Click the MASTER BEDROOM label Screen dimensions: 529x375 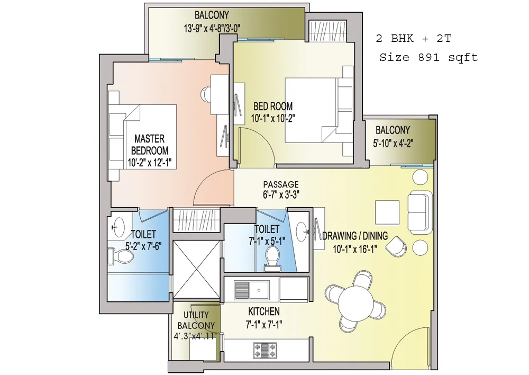[150, 145]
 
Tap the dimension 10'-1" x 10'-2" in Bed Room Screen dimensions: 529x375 [273, 119]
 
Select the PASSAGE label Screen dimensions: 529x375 [281, 184]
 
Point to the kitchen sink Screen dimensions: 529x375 [252, 290]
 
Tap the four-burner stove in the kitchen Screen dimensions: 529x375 [265, 350]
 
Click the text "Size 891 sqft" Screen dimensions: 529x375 [428, 57]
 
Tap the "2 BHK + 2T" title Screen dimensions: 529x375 [414, 38]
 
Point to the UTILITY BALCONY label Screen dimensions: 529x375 [196, 320]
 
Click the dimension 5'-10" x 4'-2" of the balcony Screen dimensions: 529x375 [393, 144]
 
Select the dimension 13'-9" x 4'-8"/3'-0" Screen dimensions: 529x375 [212, 29]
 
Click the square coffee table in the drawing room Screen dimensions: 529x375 [387, 212]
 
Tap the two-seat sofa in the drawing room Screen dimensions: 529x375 [419, 212]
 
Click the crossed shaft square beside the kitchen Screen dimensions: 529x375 [197, 269]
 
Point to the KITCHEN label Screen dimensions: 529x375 [264, 311]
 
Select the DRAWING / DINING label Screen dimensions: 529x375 [355, 236]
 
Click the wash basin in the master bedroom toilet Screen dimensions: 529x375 [118, 227]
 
